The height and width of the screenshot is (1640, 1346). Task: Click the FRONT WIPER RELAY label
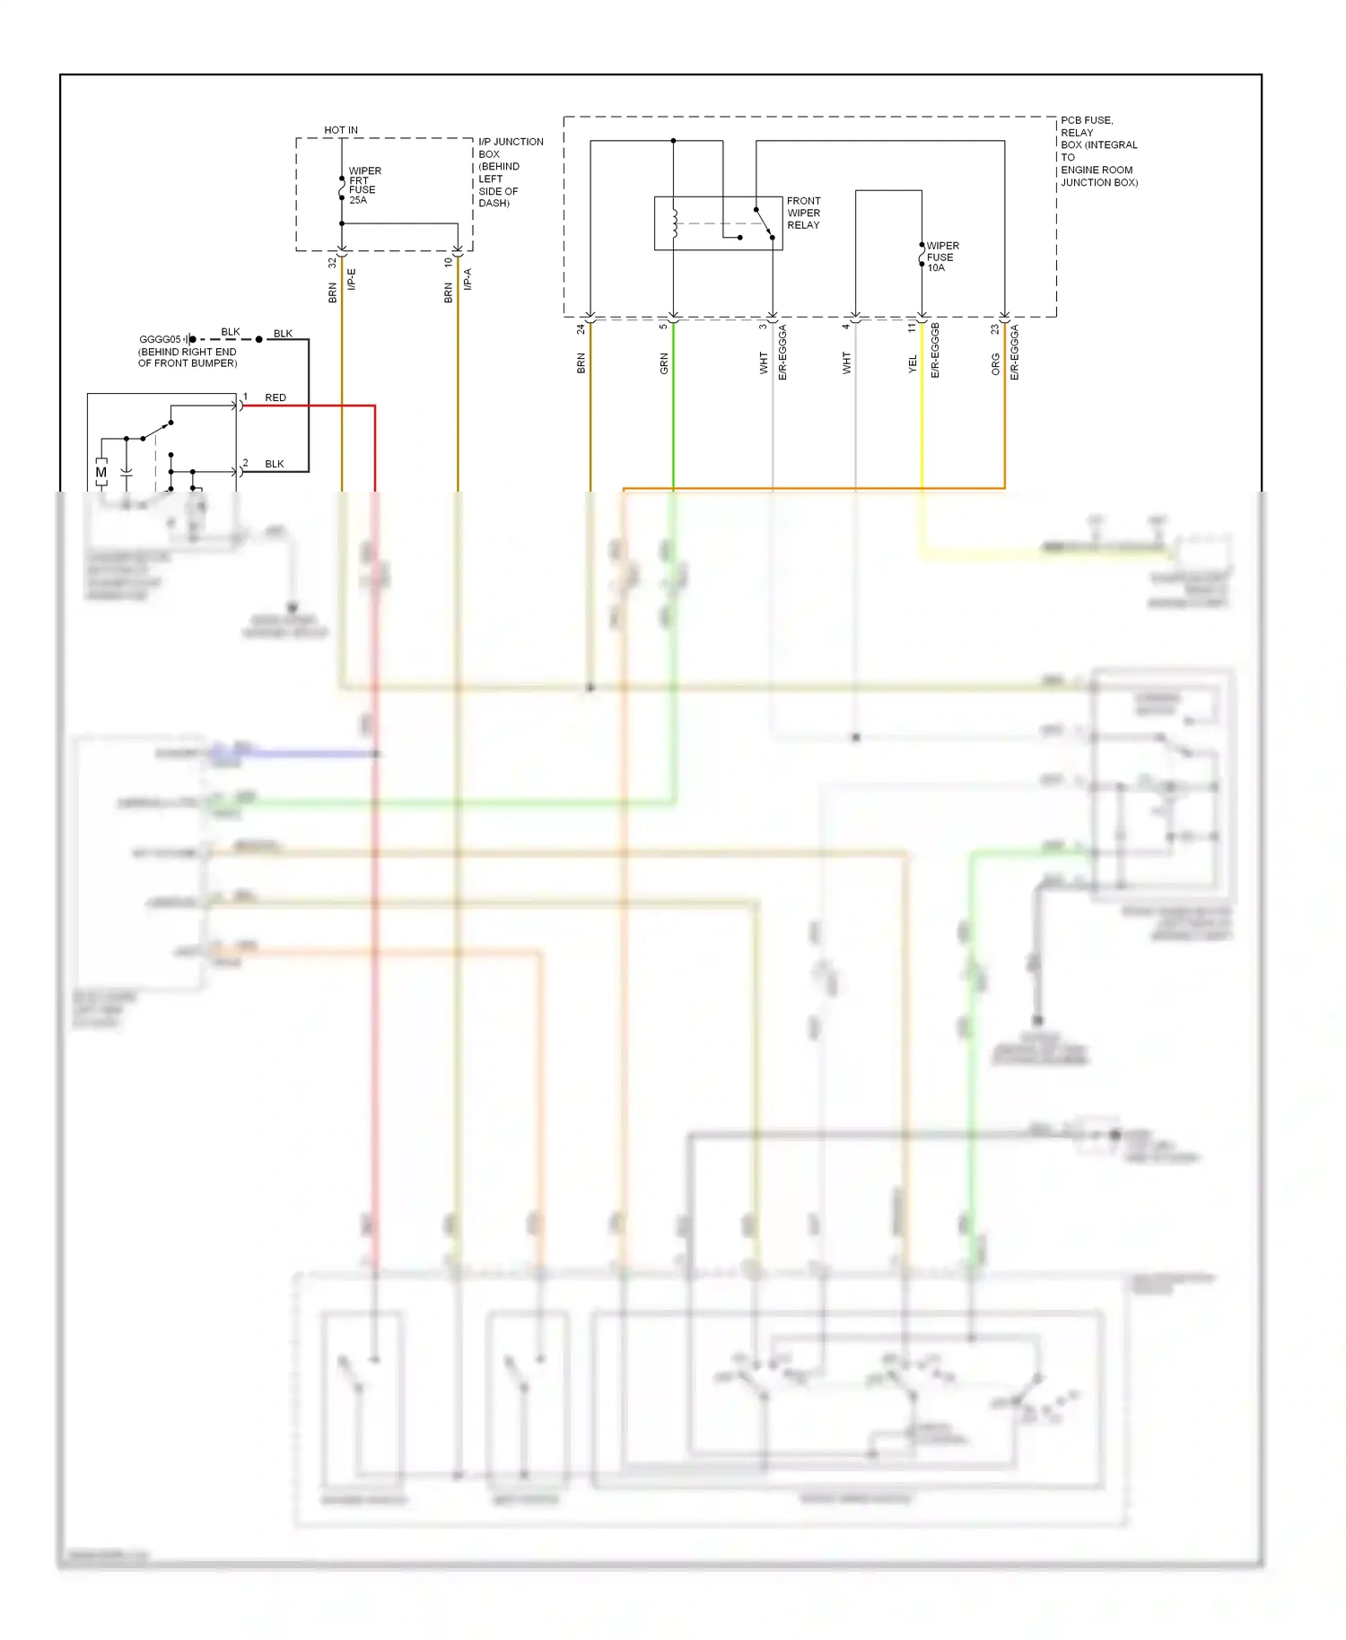point(803,214)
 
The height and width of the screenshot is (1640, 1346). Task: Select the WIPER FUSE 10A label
point(941,257)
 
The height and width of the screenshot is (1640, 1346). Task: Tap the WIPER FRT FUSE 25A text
point(363,186)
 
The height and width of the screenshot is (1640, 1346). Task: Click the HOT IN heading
point(340,130)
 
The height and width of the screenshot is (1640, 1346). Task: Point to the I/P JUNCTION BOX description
point(509,172)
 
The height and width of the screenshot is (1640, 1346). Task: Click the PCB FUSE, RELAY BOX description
point(1098,151)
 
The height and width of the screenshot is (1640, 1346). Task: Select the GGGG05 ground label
point(160,339)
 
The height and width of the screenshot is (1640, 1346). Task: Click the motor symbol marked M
point(101,472)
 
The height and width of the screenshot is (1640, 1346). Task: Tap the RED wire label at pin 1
point(275,397)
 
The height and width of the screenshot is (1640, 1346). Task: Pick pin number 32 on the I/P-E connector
point(333,263)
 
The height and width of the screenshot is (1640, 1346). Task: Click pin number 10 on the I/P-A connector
point(449,263)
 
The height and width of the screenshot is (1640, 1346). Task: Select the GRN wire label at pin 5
point(664,363)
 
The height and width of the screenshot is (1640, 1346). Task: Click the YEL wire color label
point(913,363)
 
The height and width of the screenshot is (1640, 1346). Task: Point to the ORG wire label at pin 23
point(995,363)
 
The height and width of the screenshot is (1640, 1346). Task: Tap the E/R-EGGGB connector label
point(935,351)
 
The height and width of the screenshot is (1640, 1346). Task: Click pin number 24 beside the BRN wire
point(581,329)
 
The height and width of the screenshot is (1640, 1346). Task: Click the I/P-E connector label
point(352,279)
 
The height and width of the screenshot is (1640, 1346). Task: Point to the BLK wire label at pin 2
point(275,464)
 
